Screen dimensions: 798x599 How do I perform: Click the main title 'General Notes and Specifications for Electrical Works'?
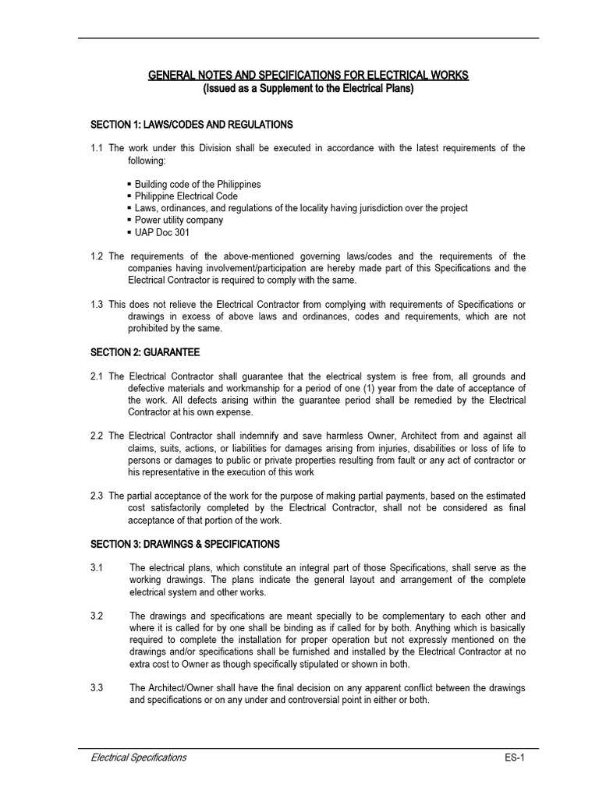coord(309,76)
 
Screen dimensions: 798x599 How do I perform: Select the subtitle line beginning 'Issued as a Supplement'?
coord(309,89)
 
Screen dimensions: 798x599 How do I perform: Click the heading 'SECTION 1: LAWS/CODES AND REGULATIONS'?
coord(191,125)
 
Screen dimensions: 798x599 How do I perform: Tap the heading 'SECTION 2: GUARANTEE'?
coord(144,353)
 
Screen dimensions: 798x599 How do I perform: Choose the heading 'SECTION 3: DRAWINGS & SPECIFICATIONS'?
coord(185,544)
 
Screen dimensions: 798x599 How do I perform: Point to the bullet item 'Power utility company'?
coord(179,220)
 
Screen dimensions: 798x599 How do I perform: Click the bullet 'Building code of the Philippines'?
coord(197,185)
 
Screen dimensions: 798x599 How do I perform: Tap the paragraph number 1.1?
coord(97,148)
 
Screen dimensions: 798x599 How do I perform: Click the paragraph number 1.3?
coord(97,304)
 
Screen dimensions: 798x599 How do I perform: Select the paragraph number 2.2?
coord(97,436)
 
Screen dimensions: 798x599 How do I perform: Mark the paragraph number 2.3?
coord(97,496)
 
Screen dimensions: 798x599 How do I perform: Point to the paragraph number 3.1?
coord(97,567)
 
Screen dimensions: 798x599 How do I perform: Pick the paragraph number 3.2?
coord(97,616)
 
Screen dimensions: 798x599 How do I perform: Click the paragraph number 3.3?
coord(97,687)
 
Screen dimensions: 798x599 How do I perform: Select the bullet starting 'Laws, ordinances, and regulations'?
coord(301,208)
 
